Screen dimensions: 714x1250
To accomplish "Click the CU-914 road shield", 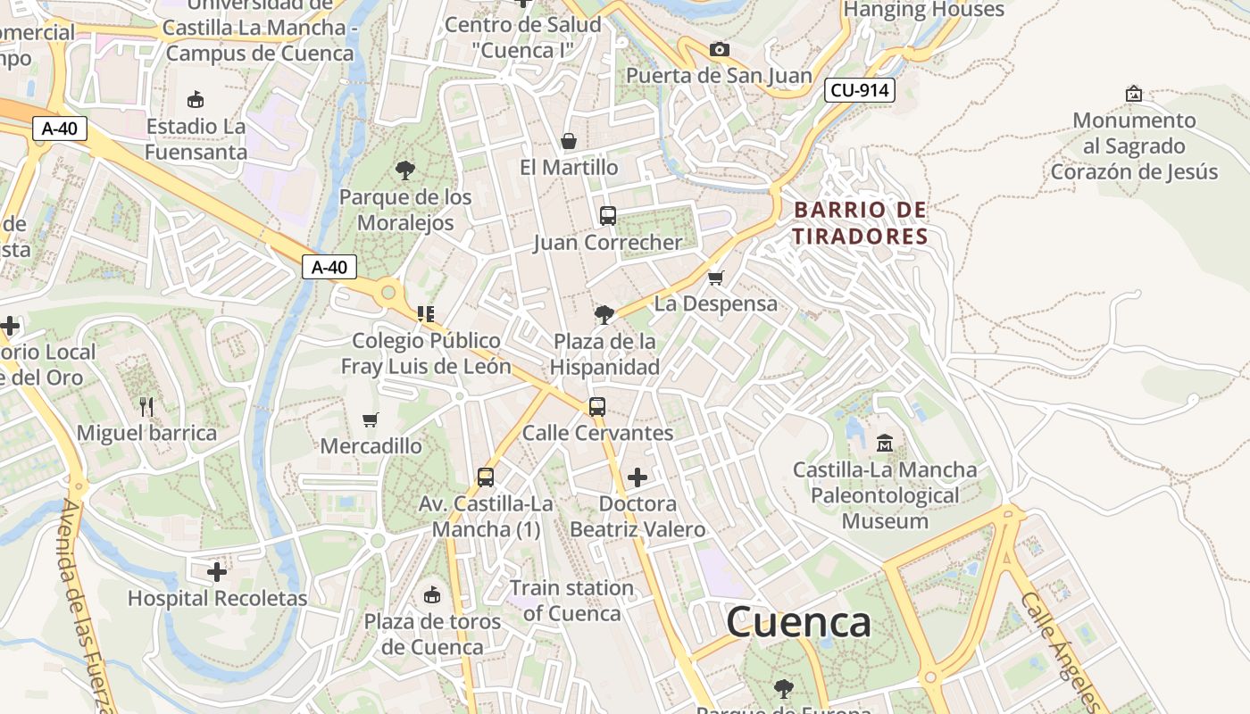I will point(859,89).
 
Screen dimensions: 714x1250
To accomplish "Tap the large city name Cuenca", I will point(798,622).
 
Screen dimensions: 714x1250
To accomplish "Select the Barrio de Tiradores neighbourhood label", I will point(861,223).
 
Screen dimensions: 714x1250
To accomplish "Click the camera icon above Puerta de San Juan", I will point(719,49).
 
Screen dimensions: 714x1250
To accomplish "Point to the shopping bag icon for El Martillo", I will point(568,141).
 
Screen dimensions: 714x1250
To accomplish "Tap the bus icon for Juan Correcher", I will point(608,215).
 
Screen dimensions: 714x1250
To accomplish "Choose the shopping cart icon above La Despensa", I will point(715,278).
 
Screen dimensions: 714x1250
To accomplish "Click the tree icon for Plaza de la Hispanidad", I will point(604,314).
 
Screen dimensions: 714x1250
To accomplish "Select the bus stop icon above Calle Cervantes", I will point(597,407).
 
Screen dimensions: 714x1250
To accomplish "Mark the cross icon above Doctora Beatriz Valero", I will point(637,477).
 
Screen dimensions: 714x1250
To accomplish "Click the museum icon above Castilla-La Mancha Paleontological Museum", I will point(885,443).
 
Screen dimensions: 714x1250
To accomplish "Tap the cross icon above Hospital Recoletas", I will point(217,571).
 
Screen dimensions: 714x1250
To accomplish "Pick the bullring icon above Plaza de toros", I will point(432,594).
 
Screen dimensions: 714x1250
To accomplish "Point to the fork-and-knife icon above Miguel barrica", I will point(146,407).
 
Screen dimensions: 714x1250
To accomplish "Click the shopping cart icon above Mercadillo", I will point(371,419).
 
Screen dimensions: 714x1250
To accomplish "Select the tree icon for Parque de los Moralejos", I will point(405,170).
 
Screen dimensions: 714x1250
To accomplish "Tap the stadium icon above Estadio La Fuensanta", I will point(196,99).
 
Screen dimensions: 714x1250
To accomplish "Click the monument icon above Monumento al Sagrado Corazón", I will point(1134,94).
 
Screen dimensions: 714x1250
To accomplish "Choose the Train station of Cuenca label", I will point(571,601).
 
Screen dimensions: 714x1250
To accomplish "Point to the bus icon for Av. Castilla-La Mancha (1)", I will point(486,477).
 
